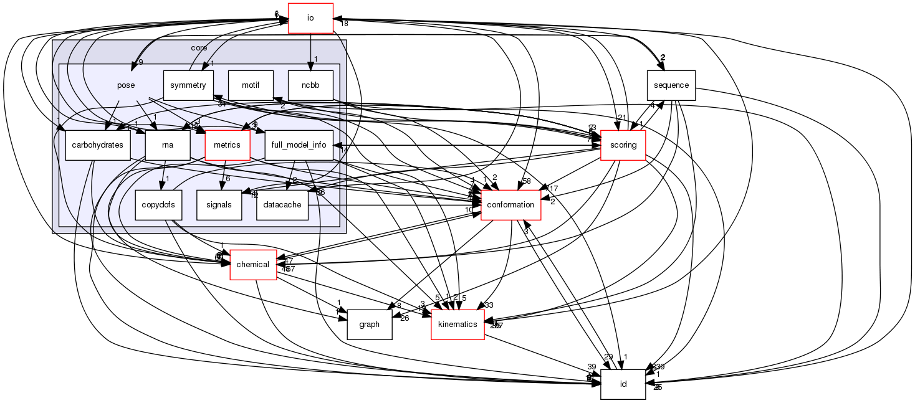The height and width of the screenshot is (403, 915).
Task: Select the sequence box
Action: pyautogui.click(x=671, y=85)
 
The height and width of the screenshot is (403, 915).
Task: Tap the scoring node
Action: pyautogui.click(x=623, y=145)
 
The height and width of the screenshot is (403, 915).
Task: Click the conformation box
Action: pyautogui.click(x=511, y=205)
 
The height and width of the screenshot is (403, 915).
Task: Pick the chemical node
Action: pyautogui.click(x=253, y=265)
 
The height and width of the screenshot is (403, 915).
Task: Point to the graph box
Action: pyautogui.click(x=369, y=324)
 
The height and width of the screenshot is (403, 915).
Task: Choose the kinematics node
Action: pyautogui.click(x=457, y=324)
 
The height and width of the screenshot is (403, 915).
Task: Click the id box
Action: pyautogui.click(x=623, y=384)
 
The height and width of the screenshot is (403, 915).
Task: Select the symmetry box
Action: pyautogui.click(x=188, y=85)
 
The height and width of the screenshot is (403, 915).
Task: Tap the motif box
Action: pyautogui.click(x=251, y=85)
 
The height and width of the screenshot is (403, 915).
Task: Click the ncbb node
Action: pyautogui.click(x=310, y=85)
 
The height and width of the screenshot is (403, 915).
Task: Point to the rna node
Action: pyautogui.click(x=167, y=145)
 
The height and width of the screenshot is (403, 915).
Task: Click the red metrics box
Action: pyautogui.click(x=227, y=145)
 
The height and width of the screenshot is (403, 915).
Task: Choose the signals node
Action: pyautogui.click(x=218, y=205)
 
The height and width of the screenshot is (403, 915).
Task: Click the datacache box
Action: pyautogui.click(x=282, y=205)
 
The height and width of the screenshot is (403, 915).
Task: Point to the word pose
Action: pyautogui.click(x=126, y=85)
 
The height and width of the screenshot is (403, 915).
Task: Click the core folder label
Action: pyautogui.click(x=199, y=48)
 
